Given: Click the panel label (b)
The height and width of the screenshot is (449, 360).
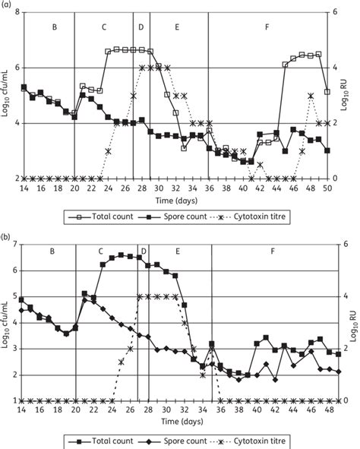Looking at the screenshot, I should pos(9,238).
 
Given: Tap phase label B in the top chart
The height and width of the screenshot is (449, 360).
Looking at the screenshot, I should pos(53,27).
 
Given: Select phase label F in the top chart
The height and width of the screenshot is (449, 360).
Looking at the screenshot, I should pos(267,27).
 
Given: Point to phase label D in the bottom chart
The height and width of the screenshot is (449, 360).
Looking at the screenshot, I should pos(144,251).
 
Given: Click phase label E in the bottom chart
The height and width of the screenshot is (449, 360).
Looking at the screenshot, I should pos(177,251).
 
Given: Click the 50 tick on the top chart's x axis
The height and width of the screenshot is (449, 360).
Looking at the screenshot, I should pos(327,188).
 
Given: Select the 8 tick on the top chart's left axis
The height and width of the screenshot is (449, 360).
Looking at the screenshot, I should pos(16,12).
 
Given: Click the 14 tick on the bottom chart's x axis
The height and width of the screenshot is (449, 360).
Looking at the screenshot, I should pos(23,409).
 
